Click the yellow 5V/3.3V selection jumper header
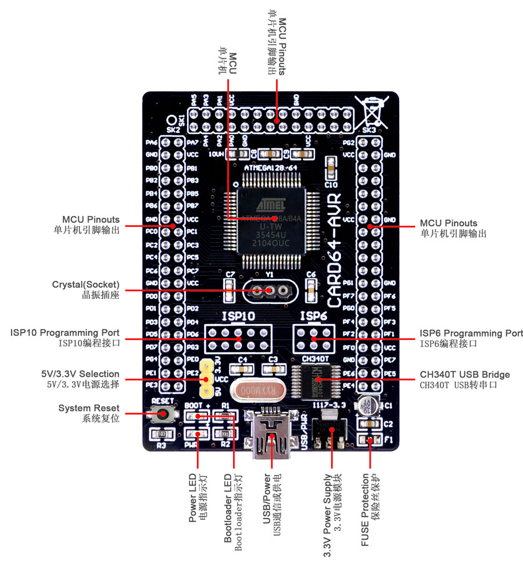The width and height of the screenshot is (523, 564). click(x=205, y=379)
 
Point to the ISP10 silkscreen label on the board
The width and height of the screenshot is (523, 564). click(x=238, y=317)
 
